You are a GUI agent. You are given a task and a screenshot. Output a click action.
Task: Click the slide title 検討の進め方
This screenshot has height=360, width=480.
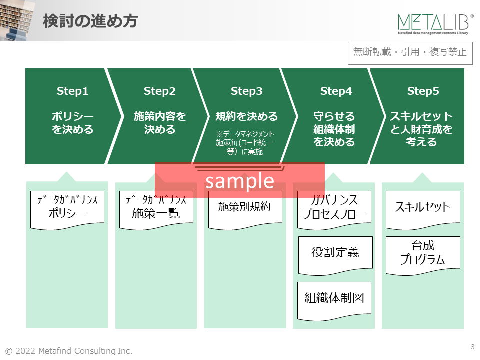[x=90, y=22]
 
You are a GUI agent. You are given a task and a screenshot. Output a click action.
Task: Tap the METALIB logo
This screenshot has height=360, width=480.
[x=435, y=24]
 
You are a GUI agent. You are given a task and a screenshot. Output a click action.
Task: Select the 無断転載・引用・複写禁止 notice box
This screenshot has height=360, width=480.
[x=410, y=52]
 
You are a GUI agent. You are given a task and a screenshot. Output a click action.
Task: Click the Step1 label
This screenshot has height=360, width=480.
[x=72, y=91]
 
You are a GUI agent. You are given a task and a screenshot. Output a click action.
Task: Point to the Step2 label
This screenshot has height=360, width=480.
[x=160, y=91]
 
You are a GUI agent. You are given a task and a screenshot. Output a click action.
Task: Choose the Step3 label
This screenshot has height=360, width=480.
[x=247, y=91]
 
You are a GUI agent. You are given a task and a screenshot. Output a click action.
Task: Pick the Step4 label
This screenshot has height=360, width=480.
[x=336, y=91]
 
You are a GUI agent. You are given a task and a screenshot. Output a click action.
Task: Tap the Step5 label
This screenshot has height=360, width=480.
[x=423, y=91]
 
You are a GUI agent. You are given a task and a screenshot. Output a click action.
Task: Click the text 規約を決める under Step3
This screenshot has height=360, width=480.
[x=247, y=116]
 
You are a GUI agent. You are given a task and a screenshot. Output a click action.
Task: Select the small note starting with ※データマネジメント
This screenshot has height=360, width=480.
[x=245, y=143]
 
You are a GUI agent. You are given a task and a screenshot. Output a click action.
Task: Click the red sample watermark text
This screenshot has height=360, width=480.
[x=240, y=180]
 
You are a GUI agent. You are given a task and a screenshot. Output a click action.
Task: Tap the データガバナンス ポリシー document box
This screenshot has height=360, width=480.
[x=67, y=208]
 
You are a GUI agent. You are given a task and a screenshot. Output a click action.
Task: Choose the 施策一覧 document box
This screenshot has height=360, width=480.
[x=156, y=209]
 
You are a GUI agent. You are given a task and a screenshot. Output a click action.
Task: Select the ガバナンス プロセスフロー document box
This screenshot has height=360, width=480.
[x=334, y=209]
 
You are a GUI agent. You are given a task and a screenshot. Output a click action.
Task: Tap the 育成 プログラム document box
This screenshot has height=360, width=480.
[x=423, y=254]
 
